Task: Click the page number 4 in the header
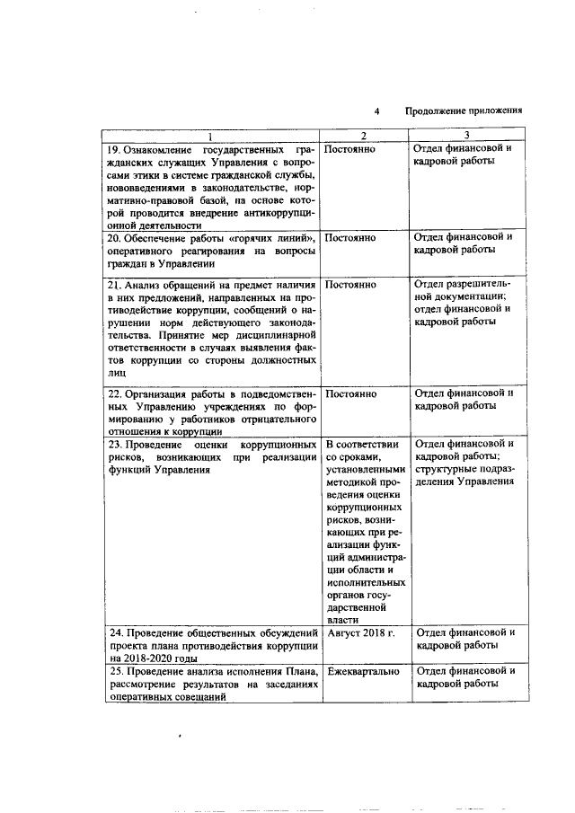click(x=377, y=111)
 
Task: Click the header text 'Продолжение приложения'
click(x=464, y=111)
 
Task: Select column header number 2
click(x=364, y=136)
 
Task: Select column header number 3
click(x=467, y=136)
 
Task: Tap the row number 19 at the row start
click(x=113, y=148)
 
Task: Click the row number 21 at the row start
click(x=113, y=284)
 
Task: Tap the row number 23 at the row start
click(x=113, y=445)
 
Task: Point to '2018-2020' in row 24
click(x=147, y=658)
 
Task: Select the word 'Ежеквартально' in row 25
click(x=364, y=672)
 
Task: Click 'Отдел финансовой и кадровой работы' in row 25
click(x=465, y=678)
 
